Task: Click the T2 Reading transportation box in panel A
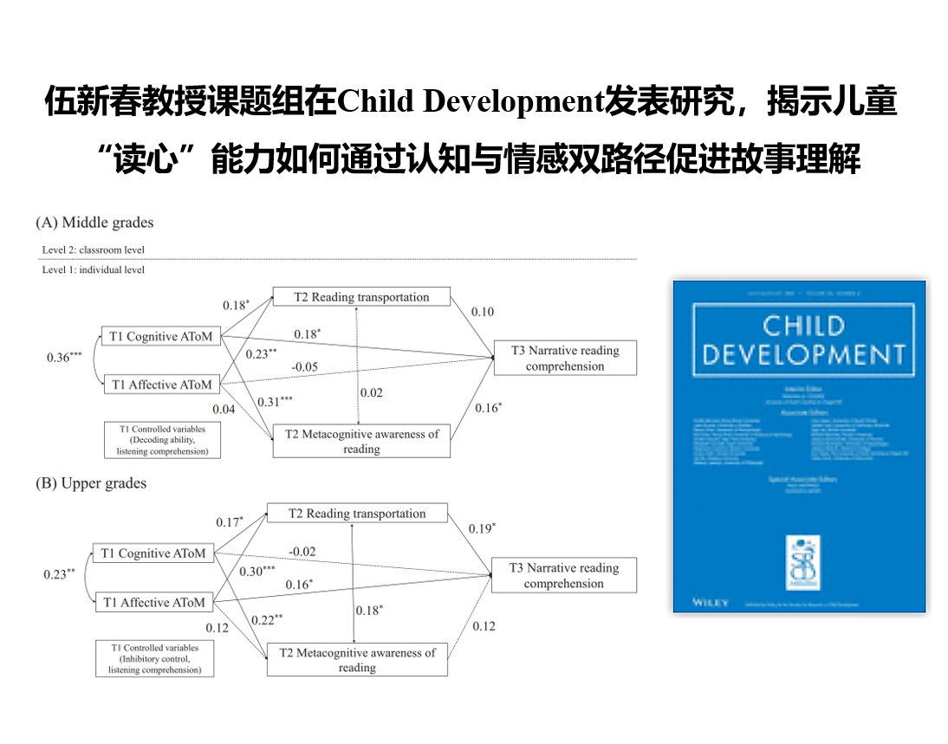(x=361, y=297)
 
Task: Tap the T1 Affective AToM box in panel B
(x=154, y=602)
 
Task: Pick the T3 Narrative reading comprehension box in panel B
(x=564, y=575)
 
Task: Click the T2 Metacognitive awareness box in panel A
(x=361, y=441)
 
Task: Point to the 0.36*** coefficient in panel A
(x=64, y=357)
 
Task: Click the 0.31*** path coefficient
(x=275, y=402)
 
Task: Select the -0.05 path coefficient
(x=304, y=367)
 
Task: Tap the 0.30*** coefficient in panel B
(x=256, y=571)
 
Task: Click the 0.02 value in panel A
(x=371, y=392)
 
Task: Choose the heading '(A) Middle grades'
(x=94, y=223)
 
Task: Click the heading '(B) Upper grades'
(x=91, y=483)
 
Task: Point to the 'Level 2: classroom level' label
(x=94, y=250)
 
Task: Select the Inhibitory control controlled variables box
(x=154, y=658)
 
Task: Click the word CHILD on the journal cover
(x=802, y=327)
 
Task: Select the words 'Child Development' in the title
(x=469, y=102)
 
